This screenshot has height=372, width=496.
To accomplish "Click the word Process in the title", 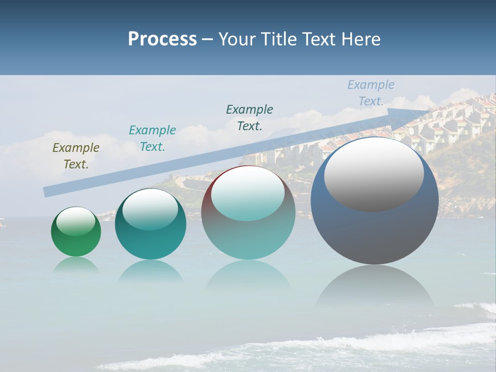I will pos(162,39).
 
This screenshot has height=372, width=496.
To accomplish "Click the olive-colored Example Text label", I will pos(76,156).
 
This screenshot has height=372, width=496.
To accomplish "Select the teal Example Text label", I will pos(152,138).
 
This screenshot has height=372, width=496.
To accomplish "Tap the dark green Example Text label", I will pos(250,118).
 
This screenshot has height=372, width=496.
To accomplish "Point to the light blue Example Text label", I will pos(371,93).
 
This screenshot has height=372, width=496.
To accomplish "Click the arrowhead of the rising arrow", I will pos(421,112).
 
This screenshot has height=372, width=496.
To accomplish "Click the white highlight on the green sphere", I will pos(76,221).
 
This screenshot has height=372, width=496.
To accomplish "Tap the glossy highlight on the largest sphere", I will pos(374,175).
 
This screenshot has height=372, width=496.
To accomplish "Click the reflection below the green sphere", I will pos(76,266).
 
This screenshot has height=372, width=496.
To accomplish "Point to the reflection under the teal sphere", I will pos(150,271).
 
